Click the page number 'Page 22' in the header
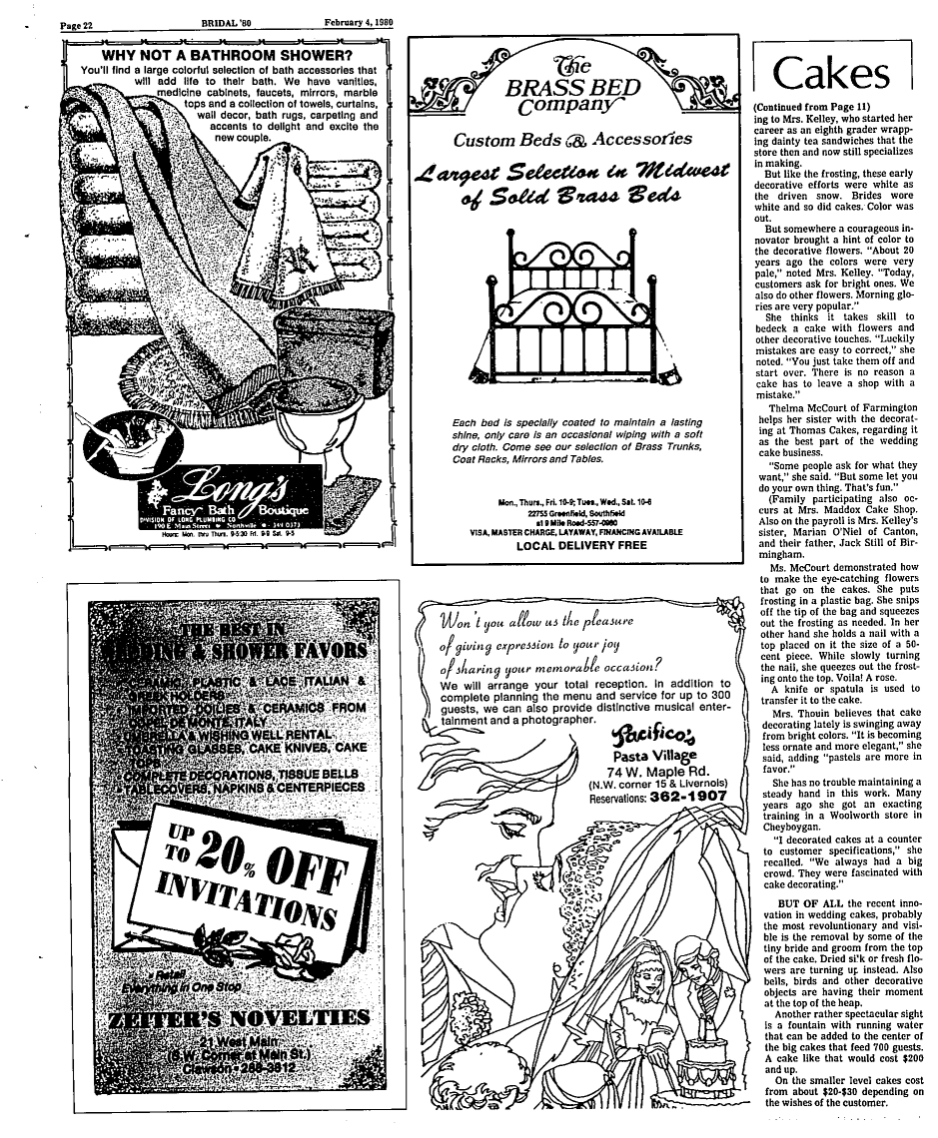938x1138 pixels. pos(76,23)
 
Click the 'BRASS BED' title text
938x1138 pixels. pos(571,87)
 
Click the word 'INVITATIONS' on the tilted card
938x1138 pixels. pos(245,902)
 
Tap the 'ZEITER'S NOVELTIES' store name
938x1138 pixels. pos(238,1019)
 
